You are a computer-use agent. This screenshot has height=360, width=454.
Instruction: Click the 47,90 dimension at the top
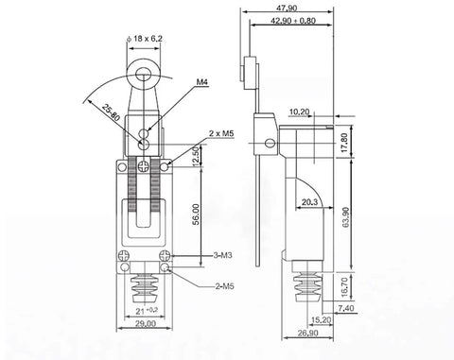pyautogui.click(x=285, y=8)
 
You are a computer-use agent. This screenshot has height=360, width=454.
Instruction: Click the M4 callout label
pyautogui.click(x=202, y=83)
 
